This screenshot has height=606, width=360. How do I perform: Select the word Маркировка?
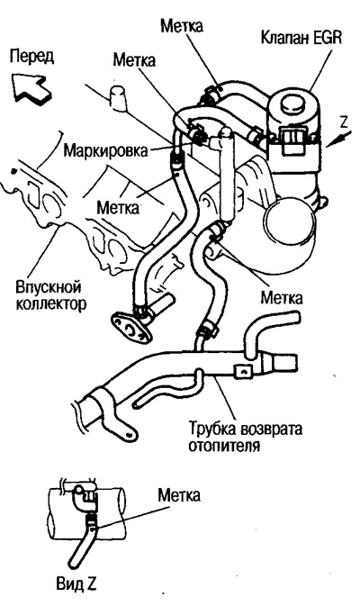pyautogui.click(x=101, y=144)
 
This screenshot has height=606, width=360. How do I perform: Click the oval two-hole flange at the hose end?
pyautogui.click(x=128, y=323)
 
